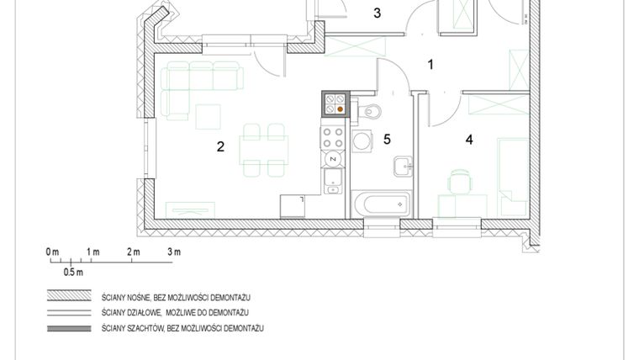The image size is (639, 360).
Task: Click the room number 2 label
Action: point(220,146)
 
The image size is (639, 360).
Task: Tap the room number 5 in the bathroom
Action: point(388,140)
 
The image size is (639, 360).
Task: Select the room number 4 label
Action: point(469,140)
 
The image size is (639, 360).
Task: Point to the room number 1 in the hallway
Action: point(431,64)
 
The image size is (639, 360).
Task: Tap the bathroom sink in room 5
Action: point(403,166)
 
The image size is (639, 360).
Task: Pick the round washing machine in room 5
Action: point(362,140)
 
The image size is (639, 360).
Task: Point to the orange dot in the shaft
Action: point(340,108)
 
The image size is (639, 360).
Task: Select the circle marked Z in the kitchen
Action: point(333,158)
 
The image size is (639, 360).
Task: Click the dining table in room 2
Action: point(263,150)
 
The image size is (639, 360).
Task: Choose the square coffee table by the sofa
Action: point(208,116)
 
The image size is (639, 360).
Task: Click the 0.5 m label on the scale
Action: point(73,273)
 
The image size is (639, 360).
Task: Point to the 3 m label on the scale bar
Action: point(174,252)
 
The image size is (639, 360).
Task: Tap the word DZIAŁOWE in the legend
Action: point(146,313)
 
